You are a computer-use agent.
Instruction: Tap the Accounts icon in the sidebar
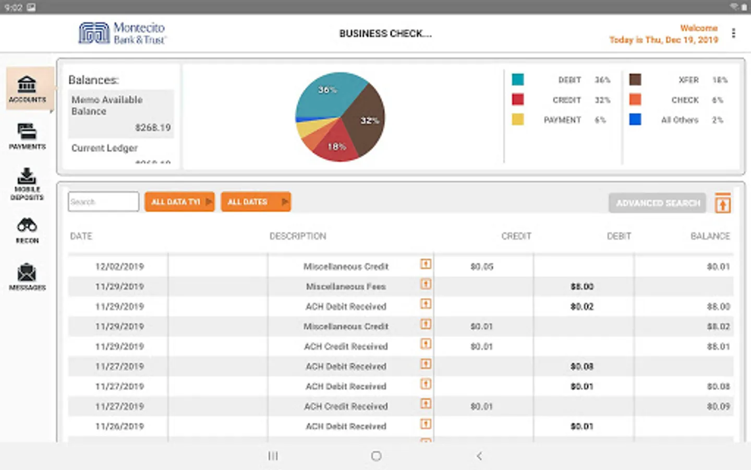point(27,84)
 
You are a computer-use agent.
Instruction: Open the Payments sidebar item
point(27,132)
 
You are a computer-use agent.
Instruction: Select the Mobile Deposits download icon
point(27,176)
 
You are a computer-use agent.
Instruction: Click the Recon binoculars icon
point(27,226)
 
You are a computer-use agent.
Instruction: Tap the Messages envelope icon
point(27,273)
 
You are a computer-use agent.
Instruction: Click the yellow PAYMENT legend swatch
point(517,120)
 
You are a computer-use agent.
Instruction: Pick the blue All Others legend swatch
point(635,120)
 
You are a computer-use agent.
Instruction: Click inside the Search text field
point(103,202)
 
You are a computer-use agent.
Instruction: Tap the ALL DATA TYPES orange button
point(179,202)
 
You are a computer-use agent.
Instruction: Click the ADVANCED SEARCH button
point(657,203)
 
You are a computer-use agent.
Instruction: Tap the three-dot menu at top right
point(733,33)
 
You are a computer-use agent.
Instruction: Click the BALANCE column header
point(710,236)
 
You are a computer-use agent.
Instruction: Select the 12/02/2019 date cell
point(119,266)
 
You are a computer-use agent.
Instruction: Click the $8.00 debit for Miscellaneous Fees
point(582,286)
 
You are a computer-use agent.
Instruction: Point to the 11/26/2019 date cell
point(119,426)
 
